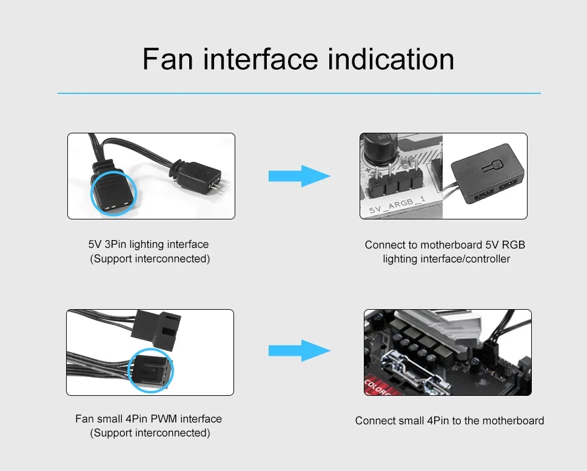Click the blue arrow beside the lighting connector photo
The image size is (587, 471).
pos(299,176)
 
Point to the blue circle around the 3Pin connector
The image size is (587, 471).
pos(114,194)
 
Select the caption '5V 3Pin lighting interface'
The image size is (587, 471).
pos(149,244)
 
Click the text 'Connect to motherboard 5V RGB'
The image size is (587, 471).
pos(445,245)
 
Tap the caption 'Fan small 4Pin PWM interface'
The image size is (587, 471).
pos(149,419)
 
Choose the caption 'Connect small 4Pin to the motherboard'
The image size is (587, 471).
pos(449,421)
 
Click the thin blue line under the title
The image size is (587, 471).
pos(299,93)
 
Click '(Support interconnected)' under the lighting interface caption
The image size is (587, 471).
pos(150,259)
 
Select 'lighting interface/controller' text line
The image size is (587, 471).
pos(446,259)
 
